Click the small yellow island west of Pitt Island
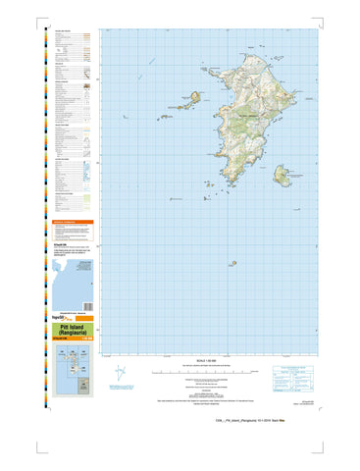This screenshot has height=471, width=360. click(195, 96)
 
